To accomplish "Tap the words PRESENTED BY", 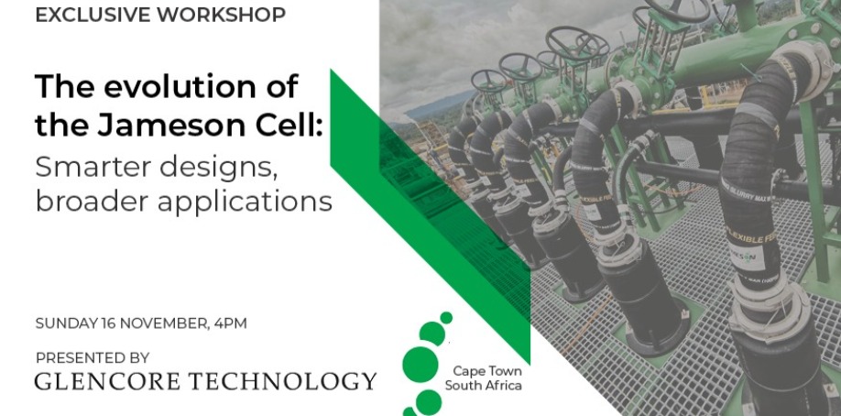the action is (x=93, y=357).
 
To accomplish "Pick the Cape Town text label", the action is (x=487, y=371).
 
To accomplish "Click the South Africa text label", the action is (x=483, y=385).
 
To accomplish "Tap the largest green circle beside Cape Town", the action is (x=420, y=365).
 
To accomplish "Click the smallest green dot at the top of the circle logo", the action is (x=446, y=318).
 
